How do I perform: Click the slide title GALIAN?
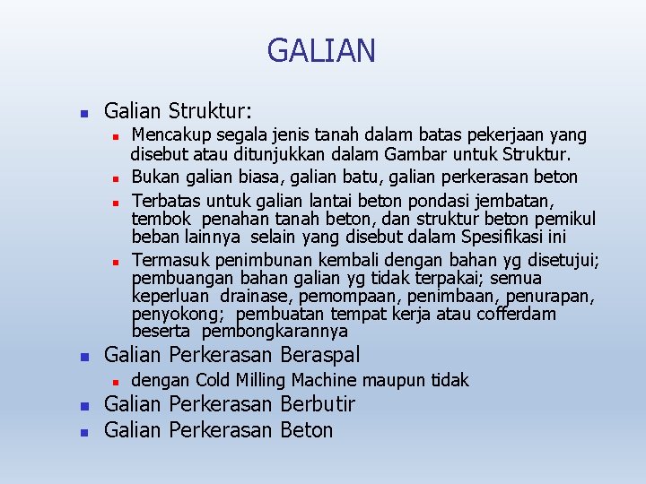[x=321, y=51]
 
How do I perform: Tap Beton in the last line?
[x=306, y=430]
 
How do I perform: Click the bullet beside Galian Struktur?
[x=83, y=115]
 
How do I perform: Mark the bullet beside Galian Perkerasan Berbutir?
[x=83, y=407]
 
